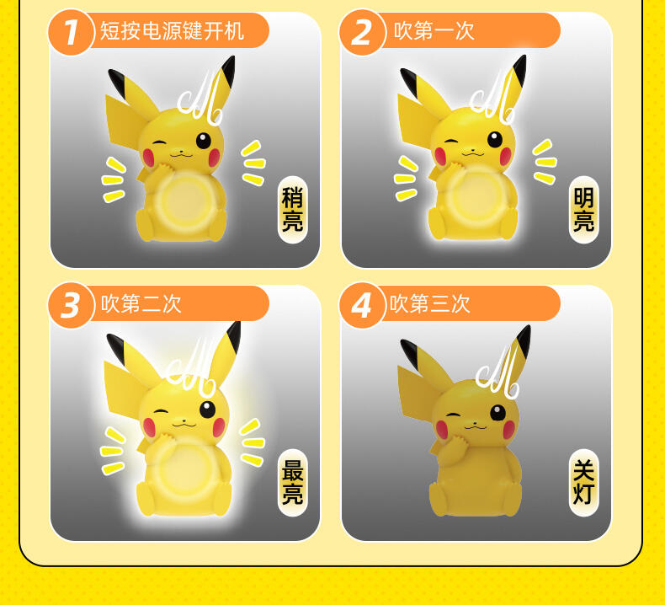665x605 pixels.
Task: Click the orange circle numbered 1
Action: (x=72, y=32)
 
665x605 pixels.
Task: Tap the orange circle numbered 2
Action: (x=362, y=32)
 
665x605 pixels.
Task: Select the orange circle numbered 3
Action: (x=72, y=305)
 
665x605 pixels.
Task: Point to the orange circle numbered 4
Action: (x=362, y=305)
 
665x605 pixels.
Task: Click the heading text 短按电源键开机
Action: (x=172, y=31)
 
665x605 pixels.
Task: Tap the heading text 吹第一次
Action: (x=434, y=31)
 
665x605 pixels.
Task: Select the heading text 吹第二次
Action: (x=141, y=304)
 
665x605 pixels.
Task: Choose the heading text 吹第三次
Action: (x=430, y=304)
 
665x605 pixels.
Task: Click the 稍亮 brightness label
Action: (x=293, y=210)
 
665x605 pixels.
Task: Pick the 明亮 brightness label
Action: (x=584, y=210)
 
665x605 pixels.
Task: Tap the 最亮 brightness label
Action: (x=293, y=483)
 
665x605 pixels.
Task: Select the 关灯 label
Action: (x=584, y=483)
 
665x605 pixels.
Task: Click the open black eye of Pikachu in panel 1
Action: (x=203, y=141)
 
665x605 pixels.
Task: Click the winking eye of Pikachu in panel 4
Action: (x=454, y=415)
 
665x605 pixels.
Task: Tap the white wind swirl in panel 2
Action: (x=492, y=99)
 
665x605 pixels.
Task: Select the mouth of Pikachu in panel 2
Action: (x=472, y=153)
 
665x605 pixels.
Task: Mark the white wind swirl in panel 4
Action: (x=497, y=372)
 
